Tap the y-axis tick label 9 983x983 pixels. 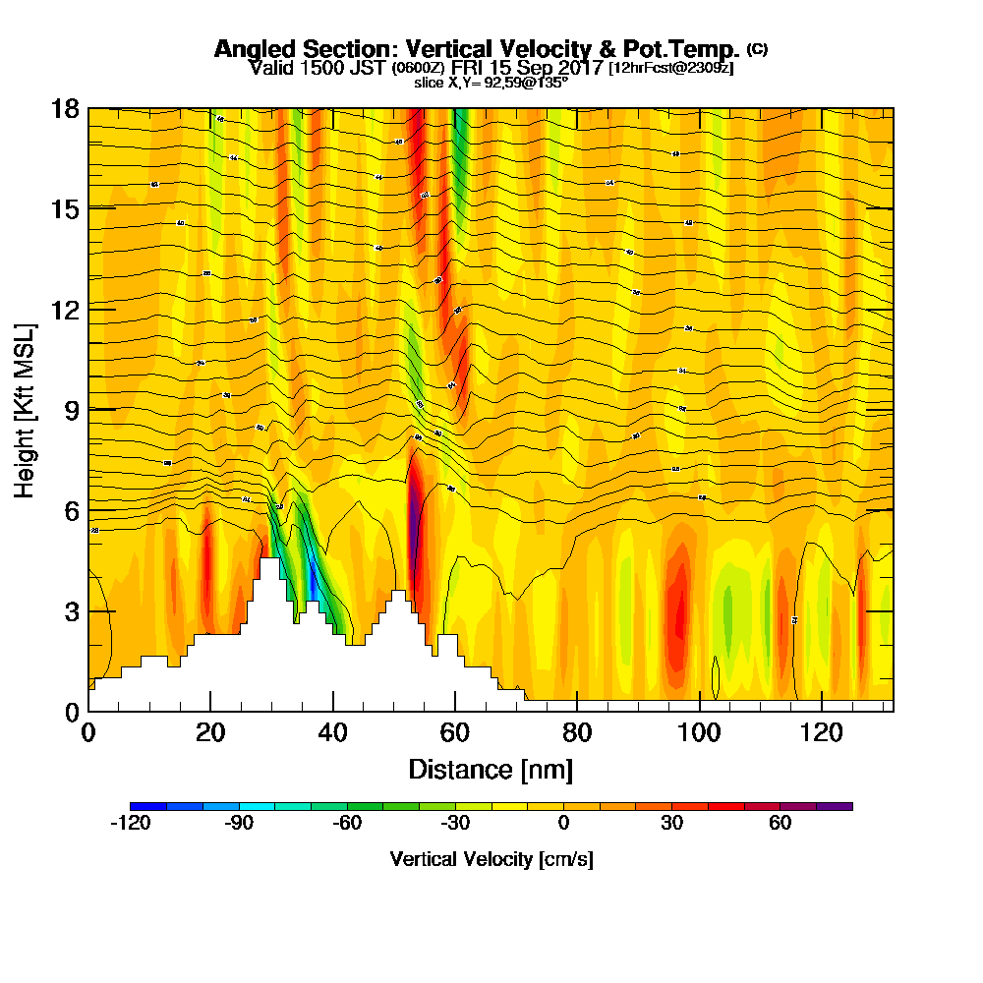pos(71,410)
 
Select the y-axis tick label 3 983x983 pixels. pos(71,610)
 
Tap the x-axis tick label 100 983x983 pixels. pos(699,732)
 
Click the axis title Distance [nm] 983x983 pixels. pos(491,769)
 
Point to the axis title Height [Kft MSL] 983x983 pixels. pos(26,409)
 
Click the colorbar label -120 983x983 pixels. pos(131,824)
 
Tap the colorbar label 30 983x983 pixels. pos(671,824)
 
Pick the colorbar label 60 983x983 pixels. pos(780,824)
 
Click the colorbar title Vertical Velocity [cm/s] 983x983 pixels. pos(491,859)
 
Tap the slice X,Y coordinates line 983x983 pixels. pos(491,83)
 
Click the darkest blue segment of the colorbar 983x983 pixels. pos(148,806)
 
